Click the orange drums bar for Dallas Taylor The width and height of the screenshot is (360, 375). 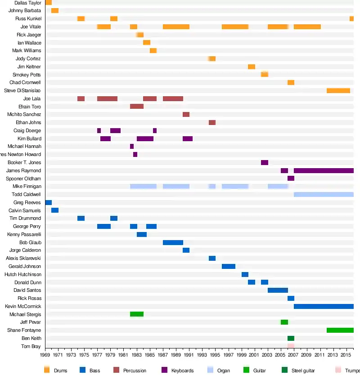point(48,3)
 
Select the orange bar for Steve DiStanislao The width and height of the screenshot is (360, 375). point(338,91)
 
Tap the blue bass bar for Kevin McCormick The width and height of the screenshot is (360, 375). point(324,306)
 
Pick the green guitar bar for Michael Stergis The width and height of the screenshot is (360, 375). point(137,314)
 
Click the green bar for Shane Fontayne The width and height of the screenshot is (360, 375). point(340,330)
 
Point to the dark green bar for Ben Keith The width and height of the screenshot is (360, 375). point(291,338)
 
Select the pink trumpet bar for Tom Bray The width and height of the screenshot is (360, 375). point(291,346)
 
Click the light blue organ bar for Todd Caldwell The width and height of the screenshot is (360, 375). point(324,194)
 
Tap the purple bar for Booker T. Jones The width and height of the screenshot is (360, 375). point(265,162)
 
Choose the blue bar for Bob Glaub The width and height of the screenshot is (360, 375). point(173,242)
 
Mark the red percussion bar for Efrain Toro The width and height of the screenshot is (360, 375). point(137,107)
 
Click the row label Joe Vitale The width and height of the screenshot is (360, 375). point(31,27)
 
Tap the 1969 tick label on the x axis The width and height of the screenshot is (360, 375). point(45,355)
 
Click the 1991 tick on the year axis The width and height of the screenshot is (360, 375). point(189,355)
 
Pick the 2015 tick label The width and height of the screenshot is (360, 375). point(346,355)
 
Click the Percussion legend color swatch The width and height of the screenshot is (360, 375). point(116,370)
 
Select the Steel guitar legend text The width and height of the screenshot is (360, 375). point(304,371)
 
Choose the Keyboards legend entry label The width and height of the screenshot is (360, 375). point(182,371)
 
